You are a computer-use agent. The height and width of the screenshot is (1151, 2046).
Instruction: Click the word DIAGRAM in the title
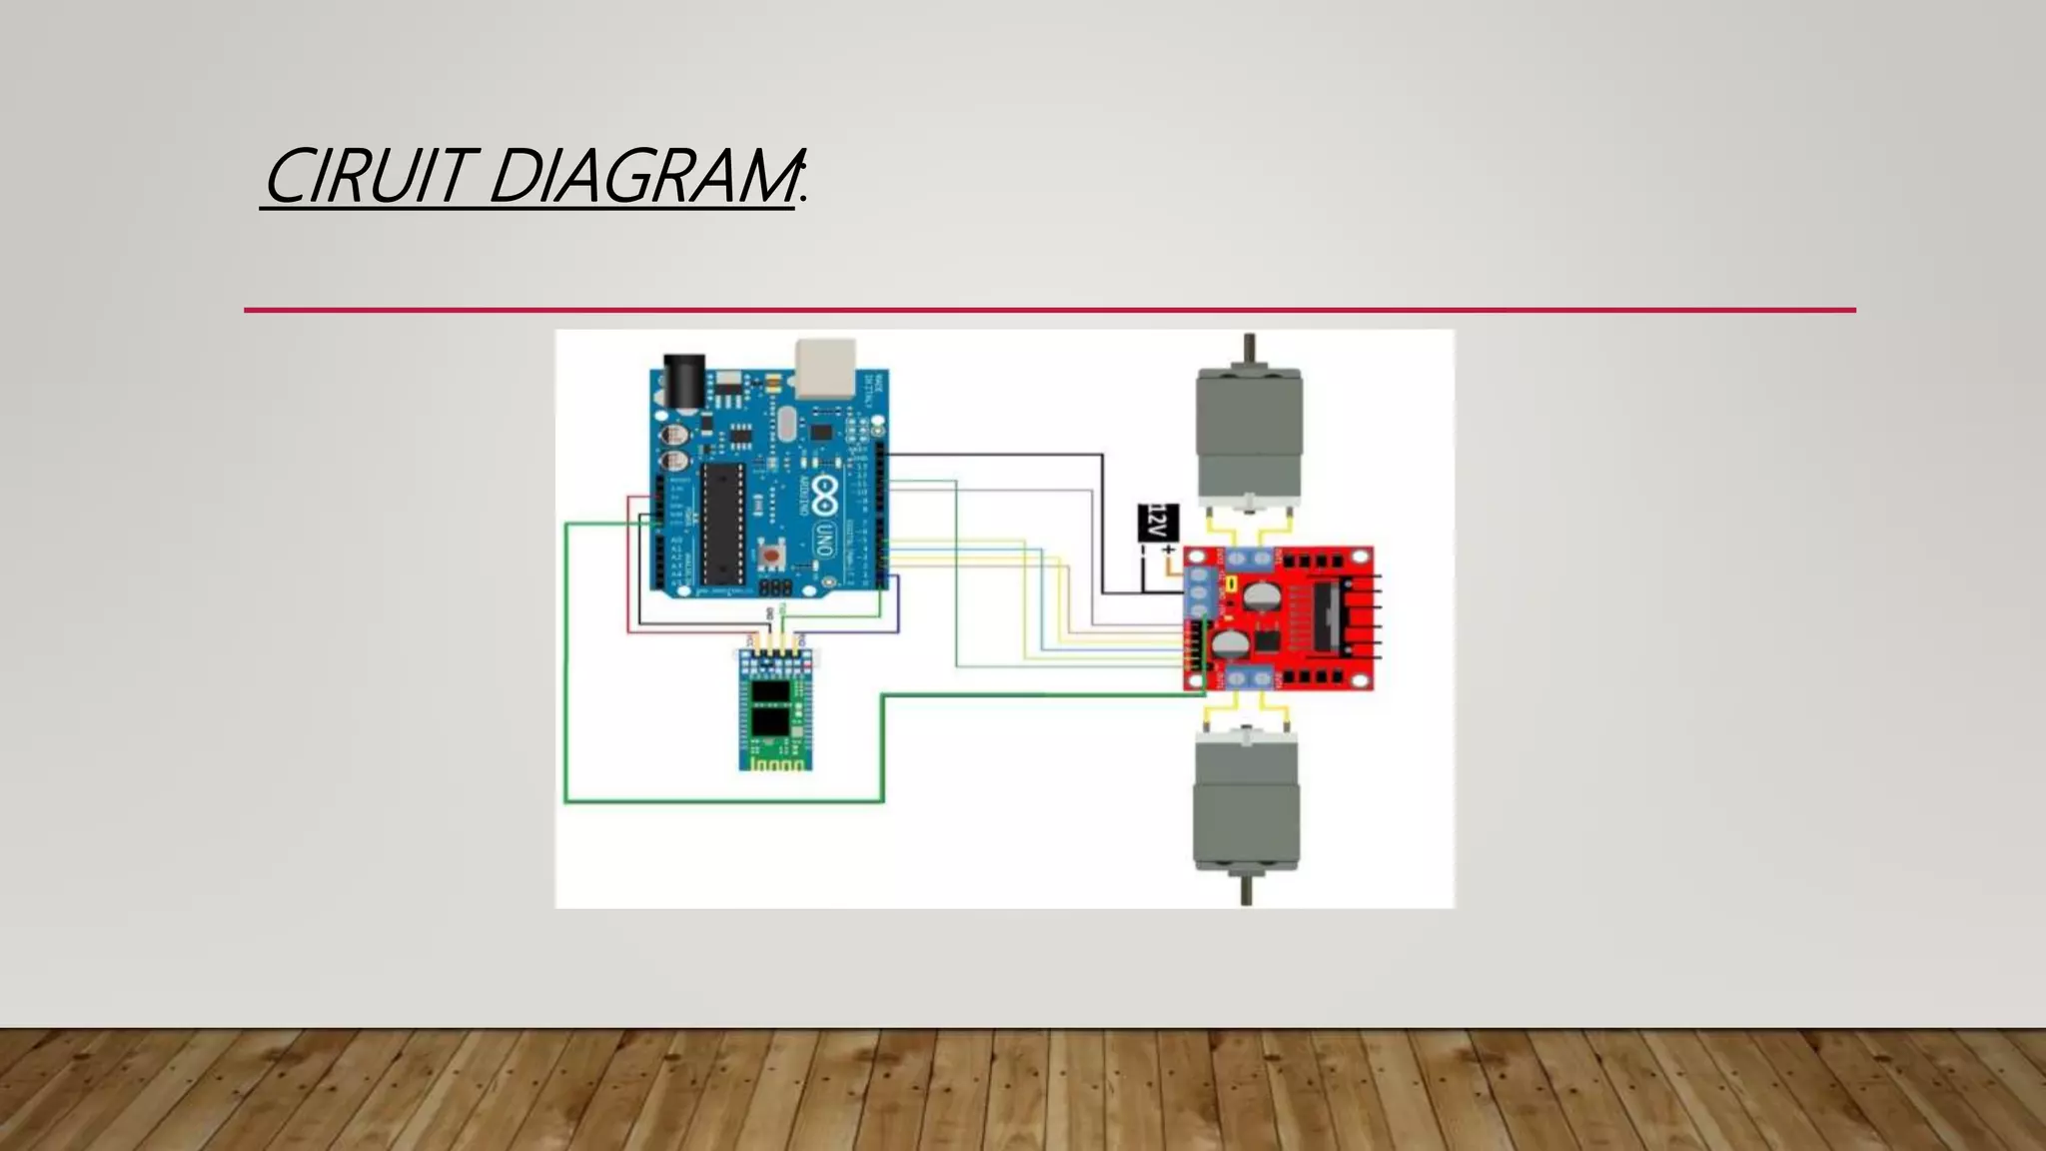644,177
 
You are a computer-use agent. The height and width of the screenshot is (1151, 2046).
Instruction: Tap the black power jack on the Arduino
684,380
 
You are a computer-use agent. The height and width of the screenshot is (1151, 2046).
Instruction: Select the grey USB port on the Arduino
825,367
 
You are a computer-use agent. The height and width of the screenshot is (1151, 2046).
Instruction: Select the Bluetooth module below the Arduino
775,708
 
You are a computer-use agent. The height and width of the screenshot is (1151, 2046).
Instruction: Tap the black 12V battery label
1158,523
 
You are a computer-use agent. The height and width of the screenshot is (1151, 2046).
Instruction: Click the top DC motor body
1249,434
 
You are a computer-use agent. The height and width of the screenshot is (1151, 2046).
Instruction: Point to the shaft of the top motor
1249,350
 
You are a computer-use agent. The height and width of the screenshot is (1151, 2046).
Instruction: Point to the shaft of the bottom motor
1246,889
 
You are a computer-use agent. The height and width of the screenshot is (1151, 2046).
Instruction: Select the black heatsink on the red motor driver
1328,615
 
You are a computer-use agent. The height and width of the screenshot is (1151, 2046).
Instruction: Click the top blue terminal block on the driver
1249,559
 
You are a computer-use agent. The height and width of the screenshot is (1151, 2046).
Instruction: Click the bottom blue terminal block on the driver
1249,678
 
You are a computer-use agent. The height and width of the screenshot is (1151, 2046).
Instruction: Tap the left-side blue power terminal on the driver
1200,593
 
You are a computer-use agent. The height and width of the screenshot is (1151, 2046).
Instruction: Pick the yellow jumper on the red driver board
1232,582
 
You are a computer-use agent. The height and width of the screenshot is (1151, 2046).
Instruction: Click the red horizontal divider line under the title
1049,310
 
